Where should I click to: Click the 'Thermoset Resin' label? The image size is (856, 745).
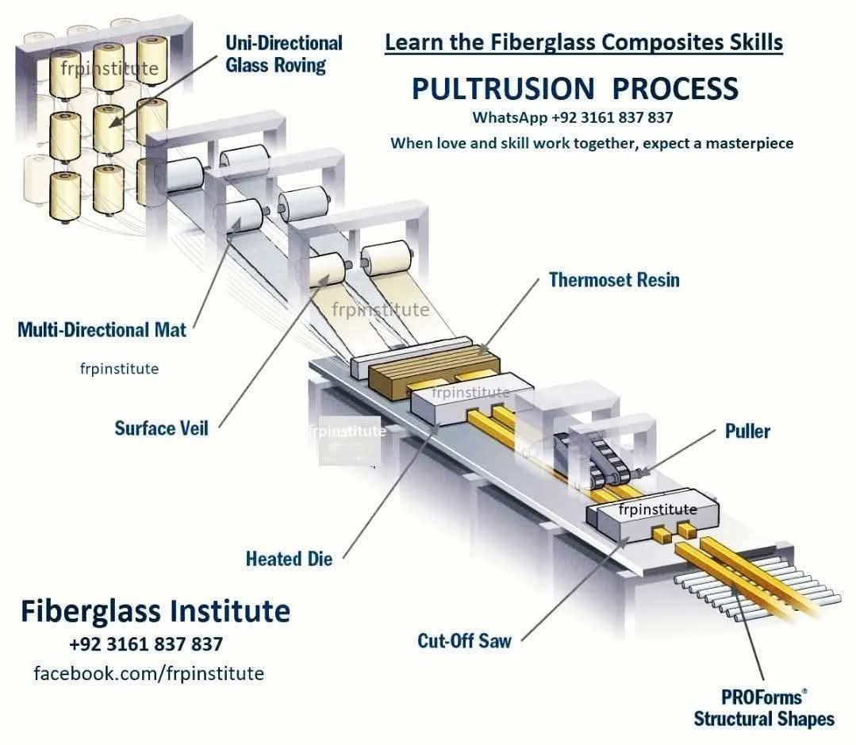614,280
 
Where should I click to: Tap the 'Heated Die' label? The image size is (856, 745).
289,559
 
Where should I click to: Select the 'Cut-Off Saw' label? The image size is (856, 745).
464,640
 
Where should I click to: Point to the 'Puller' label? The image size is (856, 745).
747,431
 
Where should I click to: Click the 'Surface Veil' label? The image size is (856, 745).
161,428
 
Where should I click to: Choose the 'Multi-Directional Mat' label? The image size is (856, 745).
102,329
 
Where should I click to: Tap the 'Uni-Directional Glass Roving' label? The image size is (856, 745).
284,54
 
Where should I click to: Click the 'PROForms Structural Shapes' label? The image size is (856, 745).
764,708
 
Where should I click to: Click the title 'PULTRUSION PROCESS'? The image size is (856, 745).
575,88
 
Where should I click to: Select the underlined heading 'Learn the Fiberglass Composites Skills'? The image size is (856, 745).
584,43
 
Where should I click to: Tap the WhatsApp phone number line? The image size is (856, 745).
572,117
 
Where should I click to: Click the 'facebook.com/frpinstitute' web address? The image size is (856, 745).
148,674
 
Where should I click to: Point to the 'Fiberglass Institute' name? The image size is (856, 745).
155,611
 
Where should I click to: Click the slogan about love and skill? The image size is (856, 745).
592,143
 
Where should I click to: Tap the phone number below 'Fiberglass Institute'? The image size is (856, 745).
146,644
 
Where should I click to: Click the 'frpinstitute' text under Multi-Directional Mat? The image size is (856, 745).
119,369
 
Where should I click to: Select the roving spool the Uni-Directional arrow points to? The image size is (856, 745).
109,129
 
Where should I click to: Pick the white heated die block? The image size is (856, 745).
470,399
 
